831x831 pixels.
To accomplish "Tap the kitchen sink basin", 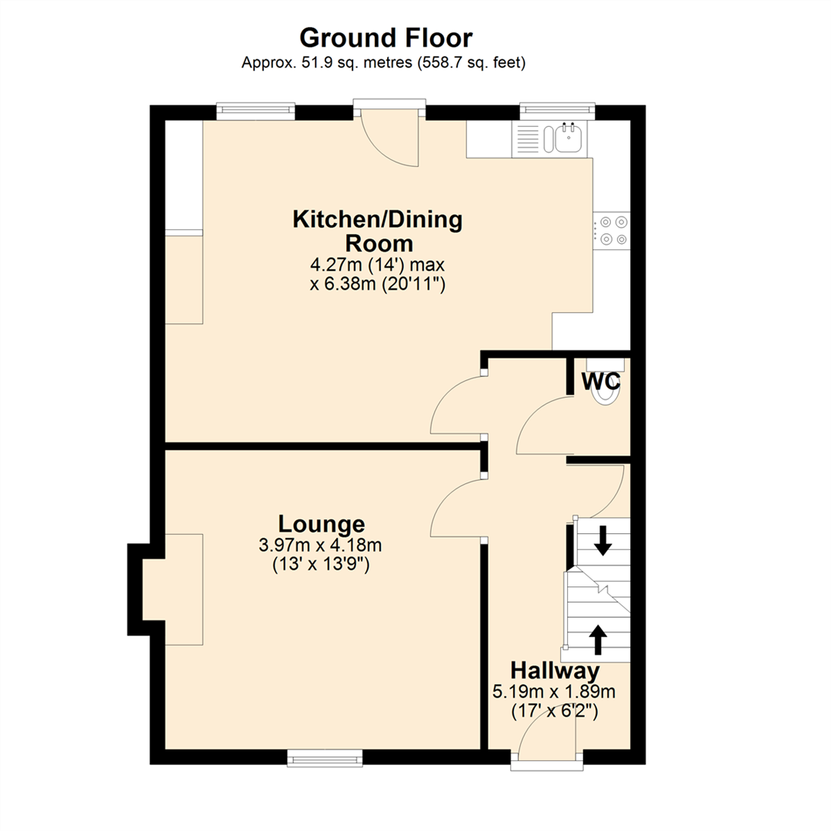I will [x=568, y=138].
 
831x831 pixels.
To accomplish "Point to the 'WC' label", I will [x=601, y=382].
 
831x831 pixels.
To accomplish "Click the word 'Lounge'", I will [x=321, y=524].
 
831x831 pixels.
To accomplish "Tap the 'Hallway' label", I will [x=555, y=669].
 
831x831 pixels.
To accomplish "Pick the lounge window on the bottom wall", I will [x=324, y=759].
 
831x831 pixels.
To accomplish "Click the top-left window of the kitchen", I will [x=255, y=111].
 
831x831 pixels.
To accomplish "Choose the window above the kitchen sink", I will [x=557, y=111].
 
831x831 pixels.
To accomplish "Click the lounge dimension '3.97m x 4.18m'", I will [x=321, y=546].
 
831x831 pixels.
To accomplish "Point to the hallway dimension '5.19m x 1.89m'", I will [x=554, y=692].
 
